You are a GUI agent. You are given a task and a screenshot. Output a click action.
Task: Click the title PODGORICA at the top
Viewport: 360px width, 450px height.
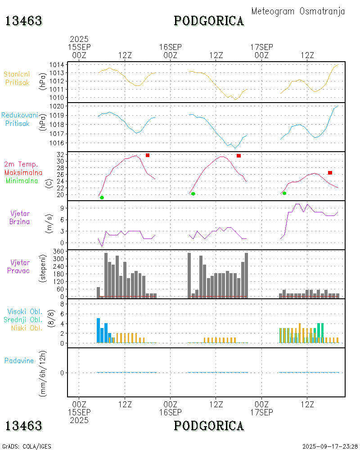[x=209, y=21]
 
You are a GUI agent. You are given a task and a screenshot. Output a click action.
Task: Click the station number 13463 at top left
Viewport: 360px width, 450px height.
[x=24, y=21]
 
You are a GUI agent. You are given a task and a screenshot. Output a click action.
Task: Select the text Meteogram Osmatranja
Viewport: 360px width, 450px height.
[x=298, y=11]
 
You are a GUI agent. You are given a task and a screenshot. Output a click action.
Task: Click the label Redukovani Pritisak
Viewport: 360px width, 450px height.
[x=19, y=119]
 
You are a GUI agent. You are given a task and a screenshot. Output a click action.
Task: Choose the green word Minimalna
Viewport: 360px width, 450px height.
[x=22, y=180]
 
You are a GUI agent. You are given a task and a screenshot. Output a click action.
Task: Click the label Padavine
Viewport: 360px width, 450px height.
[x=19, y=360]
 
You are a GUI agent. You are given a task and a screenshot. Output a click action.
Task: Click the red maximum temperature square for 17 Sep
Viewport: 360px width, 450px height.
[x=330, y=173]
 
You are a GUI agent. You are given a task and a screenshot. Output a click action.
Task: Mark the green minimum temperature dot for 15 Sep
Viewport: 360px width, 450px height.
[x=102, y=198]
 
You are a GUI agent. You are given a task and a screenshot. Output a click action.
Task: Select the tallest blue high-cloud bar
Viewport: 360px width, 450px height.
[x=99, y=330]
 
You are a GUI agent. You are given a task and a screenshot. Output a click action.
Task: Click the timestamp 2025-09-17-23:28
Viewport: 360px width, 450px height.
[x=330, y=446]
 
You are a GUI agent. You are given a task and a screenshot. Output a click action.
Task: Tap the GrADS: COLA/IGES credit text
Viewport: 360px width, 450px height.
[x=27, y=446]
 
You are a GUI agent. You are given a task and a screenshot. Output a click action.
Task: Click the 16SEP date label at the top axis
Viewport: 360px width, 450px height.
[x=170, y=47]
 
